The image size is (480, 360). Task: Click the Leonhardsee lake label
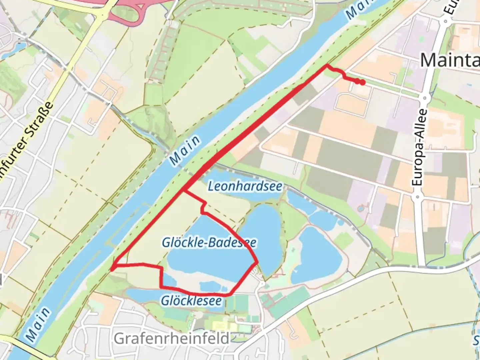245,186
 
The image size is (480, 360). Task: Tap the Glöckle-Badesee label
209,242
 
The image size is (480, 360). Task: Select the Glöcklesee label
191,301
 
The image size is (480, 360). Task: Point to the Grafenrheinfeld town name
172,339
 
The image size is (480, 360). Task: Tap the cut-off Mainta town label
449,60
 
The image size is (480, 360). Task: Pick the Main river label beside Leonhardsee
185,150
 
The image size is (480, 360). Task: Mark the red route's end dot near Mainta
362,82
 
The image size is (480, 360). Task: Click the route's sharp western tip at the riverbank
112,268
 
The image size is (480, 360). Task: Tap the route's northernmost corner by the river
327,64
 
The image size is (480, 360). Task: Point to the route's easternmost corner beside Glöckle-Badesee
257,262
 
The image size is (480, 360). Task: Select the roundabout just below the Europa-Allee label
417,197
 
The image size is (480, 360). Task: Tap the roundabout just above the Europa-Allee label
425,99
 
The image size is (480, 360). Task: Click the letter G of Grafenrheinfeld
119,339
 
